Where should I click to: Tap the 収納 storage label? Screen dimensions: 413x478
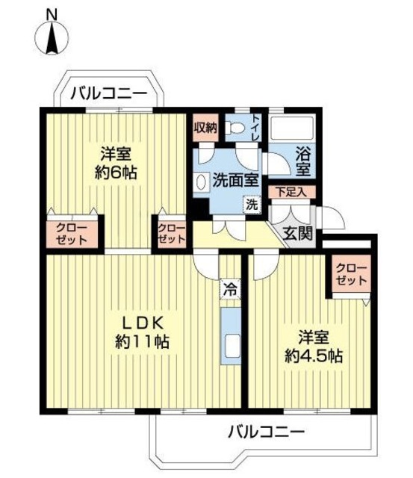click(x=205, y=128)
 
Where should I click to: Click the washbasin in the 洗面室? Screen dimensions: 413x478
click(x=201, y=182)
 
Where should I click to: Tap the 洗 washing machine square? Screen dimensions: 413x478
click(x=252, y=205)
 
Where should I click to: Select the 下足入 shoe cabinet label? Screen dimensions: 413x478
click(x=291, y=192)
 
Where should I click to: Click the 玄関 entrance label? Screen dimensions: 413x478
click(x=299, y=234)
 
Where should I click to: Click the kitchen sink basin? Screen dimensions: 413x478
click(x=232, y=345)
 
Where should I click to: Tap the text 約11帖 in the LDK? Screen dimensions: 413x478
click(x=142, y=342)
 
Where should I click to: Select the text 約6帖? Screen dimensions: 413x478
click(x=116, y=173)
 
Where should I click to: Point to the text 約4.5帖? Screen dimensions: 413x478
click(x=314, y=356)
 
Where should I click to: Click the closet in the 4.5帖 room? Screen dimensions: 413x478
click(x=351, y=274)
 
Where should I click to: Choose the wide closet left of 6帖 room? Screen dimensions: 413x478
click(x=72, y=234)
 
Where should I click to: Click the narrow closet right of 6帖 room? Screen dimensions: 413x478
click(x=171, y=234)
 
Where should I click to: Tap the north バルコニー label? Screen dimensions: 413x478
click(x=109, y=93)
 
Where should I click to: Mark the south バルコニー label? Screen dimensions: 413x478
click(x=267, y=432)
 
